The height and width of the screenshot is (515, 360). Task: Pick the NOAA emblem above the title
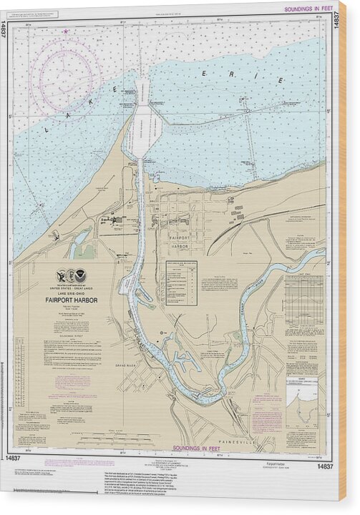81,274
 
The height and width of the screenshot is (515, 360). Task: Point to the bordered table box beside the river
181,283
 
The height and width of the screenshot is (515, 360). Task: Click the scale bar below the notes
107,437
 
